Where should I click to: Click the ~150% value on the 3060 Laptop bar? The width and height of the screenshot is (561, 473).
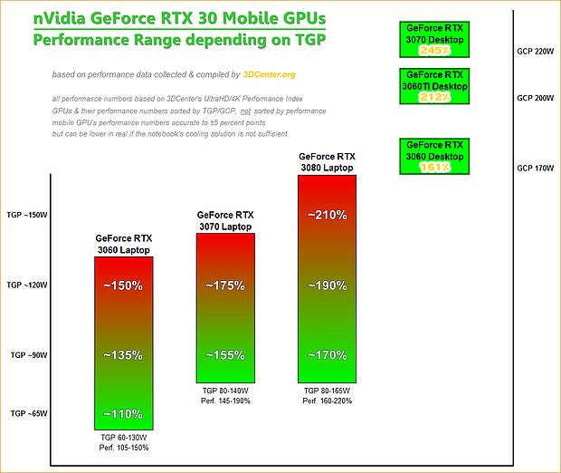pos(123,285)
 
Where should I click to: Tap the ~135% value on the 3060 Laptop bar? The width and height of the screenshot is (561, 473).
pos(123,354)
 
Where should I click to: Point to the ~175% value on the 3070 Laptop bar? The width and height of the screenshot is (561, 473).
pos(225,285)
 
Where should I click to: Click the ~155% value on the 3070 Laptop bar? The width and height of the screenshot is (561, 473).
pos(225,354)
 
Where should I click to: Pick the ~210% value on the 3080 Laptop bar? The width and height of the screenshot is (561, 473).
pos(327,216)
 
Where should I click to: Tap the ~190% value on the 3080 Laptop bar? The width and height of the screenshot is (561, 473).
pos(327,285)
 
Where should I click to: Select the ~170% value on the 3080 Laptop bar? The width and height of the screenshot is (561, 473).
pos(327,354)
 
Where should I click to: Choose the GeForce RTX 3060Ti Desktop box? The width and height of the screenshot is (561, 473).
pos(435,86)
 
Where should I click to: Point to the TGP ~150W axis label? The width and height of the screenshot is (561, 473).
pos(26,216)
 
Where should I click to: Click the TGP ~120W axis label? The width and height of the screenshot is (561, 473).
pos(26,285)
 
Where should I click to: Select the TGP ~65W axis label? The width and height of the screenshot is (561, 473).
pos(26,413)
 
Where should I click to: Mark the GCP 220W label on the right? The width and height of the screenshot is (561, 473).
pos(535,52)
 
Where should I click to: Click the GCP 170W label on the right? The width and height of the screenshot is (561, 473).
pos(535,168)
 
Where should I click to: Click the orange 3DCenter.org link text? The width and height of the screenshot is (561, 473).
pos(269,75)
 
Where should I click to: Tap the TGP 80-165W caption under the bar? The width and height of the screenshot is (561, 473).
pos(327,391)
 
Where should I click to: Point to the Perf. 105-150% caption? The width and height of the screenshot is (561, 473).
pos(123,447)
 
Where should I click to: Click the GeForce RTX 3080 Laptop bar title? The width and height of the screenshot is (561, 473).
pos(327,162)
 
